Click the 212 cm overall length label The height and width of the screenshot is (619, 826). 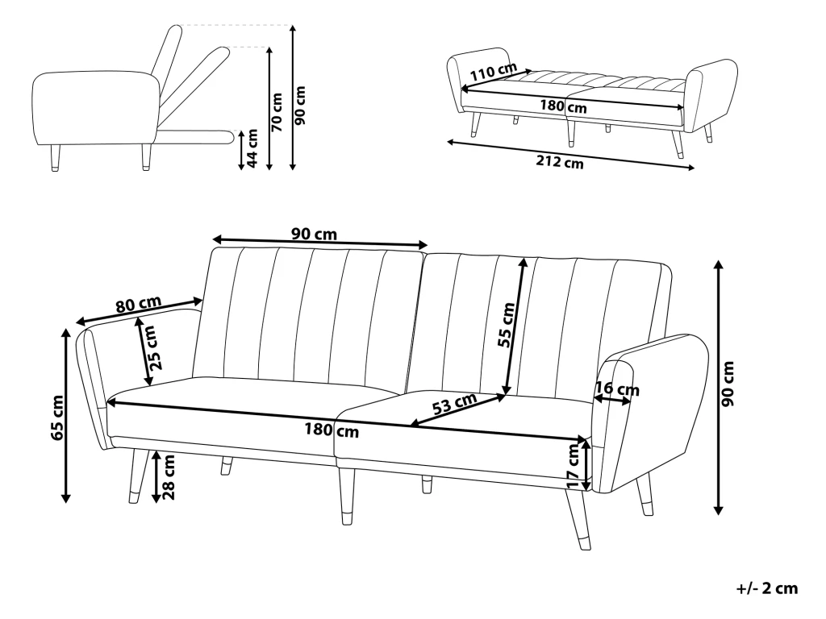560,162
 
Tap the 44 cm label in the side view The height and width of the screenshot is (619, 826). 252,148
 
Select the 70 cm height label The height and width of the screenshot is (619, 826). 277,111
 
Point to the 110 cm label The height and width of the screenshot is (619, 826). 493,72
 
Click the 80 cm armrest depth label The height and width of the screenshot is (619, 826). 139,304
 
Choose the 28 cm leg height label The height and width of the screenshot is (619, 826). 169,477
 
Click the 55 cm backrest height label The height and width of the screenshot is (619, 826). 507,325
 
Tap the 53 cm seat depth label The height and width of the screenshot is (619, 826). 455,404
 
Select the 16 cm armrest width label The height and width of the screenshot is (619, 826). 617,389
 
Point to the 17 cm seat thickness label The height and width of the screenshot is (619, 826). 574,466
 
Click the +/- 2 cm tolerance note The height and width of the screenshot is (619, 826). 767,588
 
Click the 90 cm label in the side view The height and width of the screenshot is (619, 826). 300,106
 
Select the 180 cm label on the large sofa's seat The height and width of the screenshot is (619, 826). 332,430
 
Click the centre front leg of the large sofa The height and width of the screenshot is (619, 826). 347,496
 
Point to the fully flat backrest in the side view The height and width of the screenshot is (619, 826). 196,136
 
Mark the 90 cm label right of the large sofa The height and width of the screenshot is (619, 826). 728,384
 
